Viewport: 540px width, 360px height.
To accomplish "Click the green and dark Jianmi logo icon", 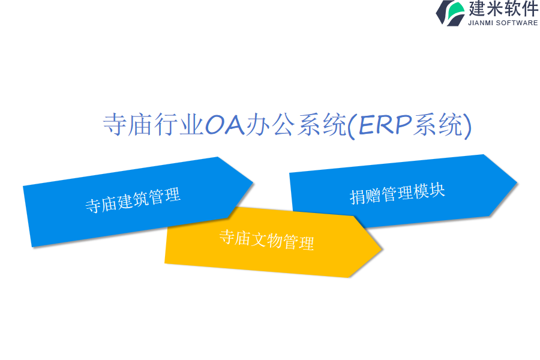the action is (451, 13).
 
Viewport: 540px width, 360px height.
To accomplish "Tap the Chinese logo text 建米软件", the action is (503, 8).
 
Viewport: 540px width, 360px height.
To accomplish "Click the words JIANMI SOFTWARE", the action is (503, 23).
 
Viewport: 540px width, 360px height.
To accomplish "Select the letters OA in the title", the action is (225, 124).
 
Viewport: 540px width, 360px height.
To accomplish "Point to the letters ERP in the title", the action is (385, 124).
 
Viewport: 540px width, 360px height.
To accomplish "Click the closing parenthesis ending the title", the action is (467, 125).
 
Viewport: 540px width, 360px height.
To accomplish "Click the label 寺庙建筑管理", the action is (133, 200).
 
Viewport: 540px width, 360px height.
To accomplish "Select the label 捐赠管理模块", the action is (397, 194).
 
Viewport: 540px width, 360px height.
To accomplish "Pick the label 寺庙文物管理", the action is (266, 240).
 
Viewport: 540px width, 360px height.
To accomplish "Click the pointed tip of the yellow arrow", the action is (382, 248).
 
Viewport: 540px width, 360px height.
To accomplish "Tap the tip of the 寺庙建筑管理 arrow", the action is (253, 182).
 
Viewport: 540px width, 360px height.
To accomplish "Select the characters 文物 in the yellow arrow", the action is (266, 240).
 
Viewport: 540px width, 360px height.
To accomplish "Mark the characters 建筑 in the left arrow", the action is (133, 200).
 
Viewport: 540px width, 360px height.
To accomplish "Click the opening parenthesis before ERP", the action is (351, 125).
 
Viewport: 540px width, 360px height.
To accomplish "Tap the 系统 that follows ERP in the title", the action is (438, 124).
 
